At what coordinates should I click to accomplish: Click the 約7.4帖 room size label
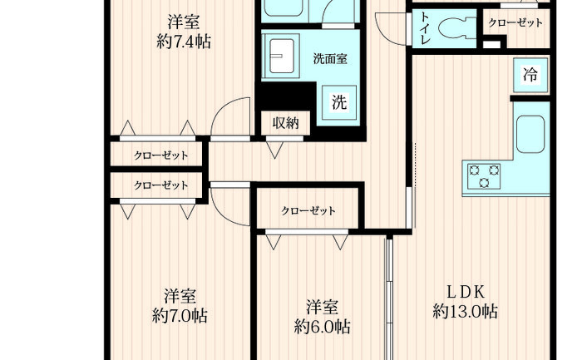pyautogui.click(x=184, y=42)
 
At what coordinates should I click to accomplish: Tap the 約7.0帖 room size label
pyautogui.click(x=180, y=316)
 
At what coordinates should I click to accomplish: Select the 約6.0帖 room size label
pyautogui.click(x=323, y=327)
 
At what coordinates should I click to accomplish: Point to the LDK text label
pyautogui.click(x=466, y=292)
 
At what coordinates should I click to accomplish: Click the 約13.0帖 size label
pyautogui.click(x=466, y=311)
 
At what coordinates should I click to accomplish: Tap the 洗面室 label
pyautogui.click(x=330, y=59)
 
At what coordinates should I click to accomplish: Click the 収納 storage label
pyautogui.click(x=285, y=123)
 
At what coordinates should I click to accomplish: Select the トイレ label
pyautogui.click(x=425, y=28)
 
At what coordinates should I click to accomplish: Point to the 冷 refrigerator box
pyautogui.click(x=530, y=75)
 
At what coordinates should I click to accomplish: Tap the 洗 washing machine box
pyautogui.click(x=339, y=102)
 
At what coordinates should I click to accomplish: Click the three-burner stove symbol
pyautogui.click(x=484, y=176)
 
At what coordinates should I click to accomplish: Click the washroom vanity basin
pyautogui.click(x=281, y=56)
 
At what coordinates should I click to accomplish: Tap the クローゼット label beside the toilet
pyautogui.click(x=515, y=23)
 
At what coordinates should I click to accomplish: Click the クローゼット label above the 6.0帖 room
pyautogui.click(x=308, y=211)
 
